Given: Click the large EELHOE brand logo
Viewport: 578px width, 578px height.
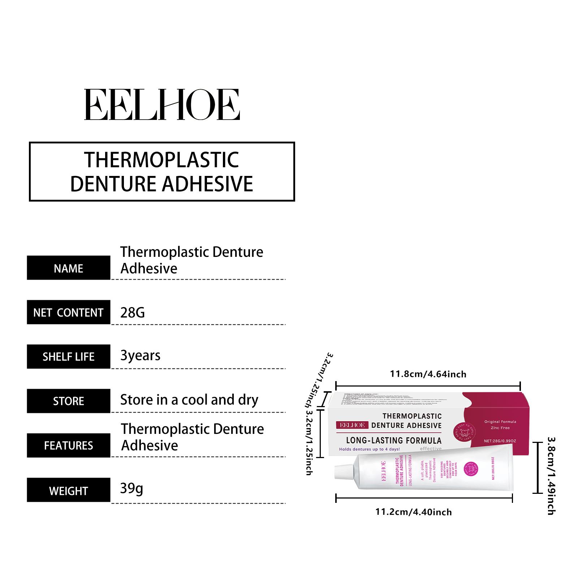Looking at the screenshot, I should [x=162, y=105].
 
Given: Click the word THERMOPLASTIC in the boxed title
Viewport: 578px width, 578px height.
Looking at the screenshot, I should [x=161, y=160].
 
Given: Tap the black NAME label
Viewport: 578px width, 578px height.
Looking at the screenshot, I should [x=68, y=268].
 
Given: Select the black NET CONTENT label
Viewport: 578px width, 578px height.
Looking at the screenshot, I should [x=68, y=312].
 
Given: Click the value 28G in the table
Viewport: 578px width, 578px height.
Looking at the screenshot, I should [x=132, y=312].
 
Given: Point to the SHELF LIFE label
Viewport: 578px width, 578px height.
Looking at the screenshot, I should [x=68, y=357].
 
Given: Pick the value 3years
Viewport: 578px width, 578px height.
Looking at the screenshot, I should [x=140, y=356].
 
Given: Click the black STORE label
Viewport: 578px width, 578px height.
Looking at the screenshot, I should [x=68, y=401].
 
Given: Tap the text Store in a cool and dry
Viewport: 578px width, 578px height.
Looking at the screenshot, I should [x=189, y=400].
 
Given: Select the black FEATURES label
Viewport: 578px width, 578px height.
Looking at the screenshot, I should [x=68, y=445].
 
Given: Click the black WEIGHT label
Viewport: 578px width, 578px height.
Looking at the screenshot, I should [x=68, y=491].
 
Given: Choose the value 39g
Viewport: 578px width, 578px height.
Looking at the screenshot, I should [x=131, y=488].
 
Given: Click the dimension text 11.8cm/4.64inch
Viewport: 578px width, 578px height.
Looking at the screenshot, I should [x=428, y=374].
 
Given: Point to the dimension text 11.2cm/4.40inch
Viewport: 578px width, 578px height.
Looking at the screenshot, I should [x=414, y=512].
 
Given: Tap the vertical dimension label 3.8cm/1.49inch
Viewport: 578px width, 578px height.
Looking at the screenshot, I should [x=551, y=476].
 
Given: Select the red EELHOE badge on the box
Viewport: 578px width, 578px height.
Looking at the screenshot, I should [x=352, y=425].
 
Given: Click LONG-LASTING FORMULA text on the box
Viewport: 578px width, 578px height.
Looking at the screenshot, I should [x=394, y=440].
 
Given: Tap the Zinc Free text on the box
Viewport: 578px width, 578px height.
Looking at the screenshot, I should [x=500, y=428].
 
